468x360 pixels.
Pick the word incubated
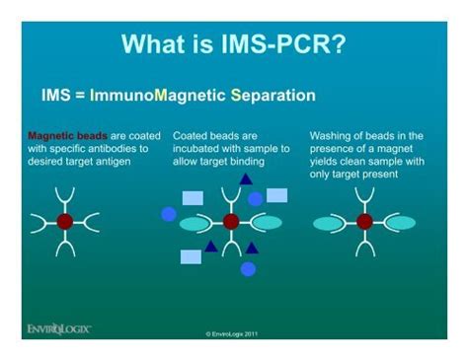200,148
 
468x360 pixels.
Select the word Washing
333,135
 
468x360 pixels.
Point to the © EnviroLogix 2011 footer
233,333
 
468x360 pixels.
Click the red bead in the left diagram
65,221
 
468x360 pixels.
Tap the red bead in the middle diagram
231,221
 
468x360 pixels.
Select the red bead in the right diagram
364,221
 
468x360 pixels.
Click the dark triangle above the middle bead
244,179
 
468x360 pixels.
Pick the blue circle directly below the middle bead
248,268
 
